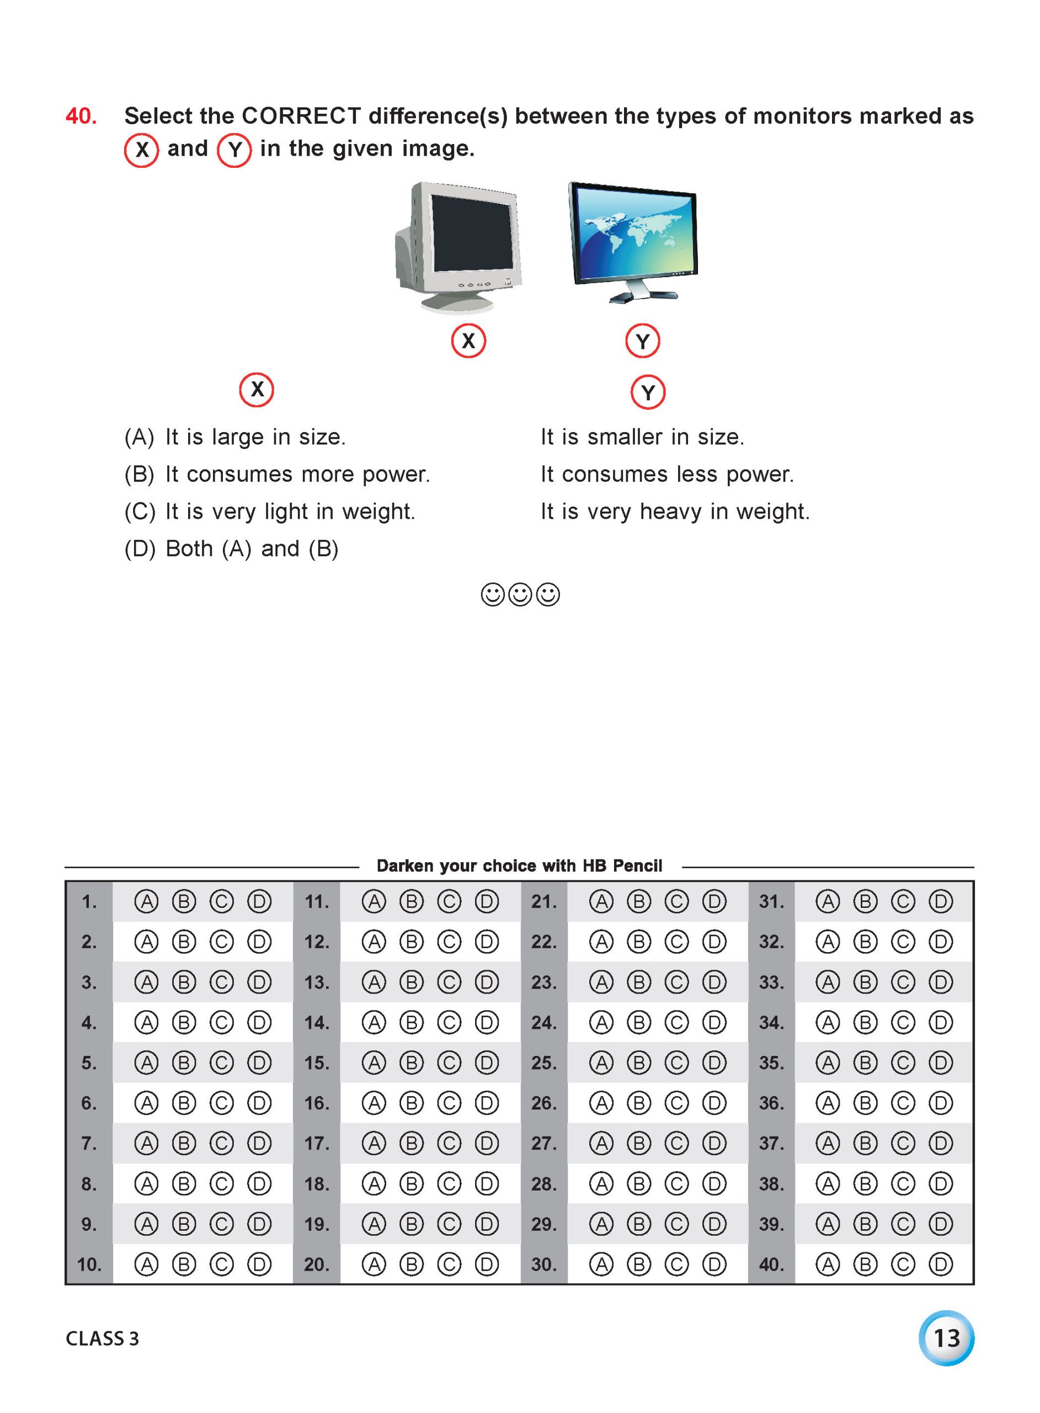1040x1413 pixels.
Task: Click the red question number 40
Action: (81, 116)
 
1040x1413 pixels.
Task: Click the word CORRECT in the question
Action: (302, 116)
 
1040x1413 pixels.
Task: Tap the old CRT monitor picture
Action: (458, 247)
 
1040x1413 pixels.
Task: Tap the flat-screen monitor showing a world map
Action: (633, 242)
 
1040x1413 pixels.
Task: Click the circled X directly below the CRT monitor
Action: (468, 341)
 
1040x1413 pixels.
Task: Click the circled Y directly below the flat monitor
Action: (642, 341)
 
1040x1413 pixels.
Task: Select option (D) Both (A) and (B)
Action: (232, 549)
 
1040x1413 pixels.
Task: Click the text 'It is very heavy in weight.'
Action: (675, 511)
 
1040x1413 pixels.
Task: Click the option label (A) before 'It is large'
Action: (139, 437)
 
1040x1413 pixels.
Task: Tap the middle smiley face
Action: (520, 594)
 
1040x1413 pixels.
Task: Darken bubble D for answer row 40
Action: (941, 1264)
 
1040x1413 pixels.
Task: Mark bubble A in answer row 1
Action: (146, 902)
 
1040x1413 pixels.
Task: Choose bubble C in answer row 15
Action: (449, 1063)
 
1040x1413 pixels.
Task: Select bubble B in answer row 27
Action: (638, 1143)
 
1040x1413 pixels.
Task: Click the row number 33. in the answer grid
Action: (771, 982)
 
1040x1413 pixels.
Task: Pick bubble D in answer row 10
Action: (259, 1264)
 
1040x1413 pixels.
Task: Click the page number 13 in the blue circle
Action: (946, 1338)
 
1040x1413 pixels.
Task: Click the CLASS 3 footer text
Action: (102, 1338)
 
